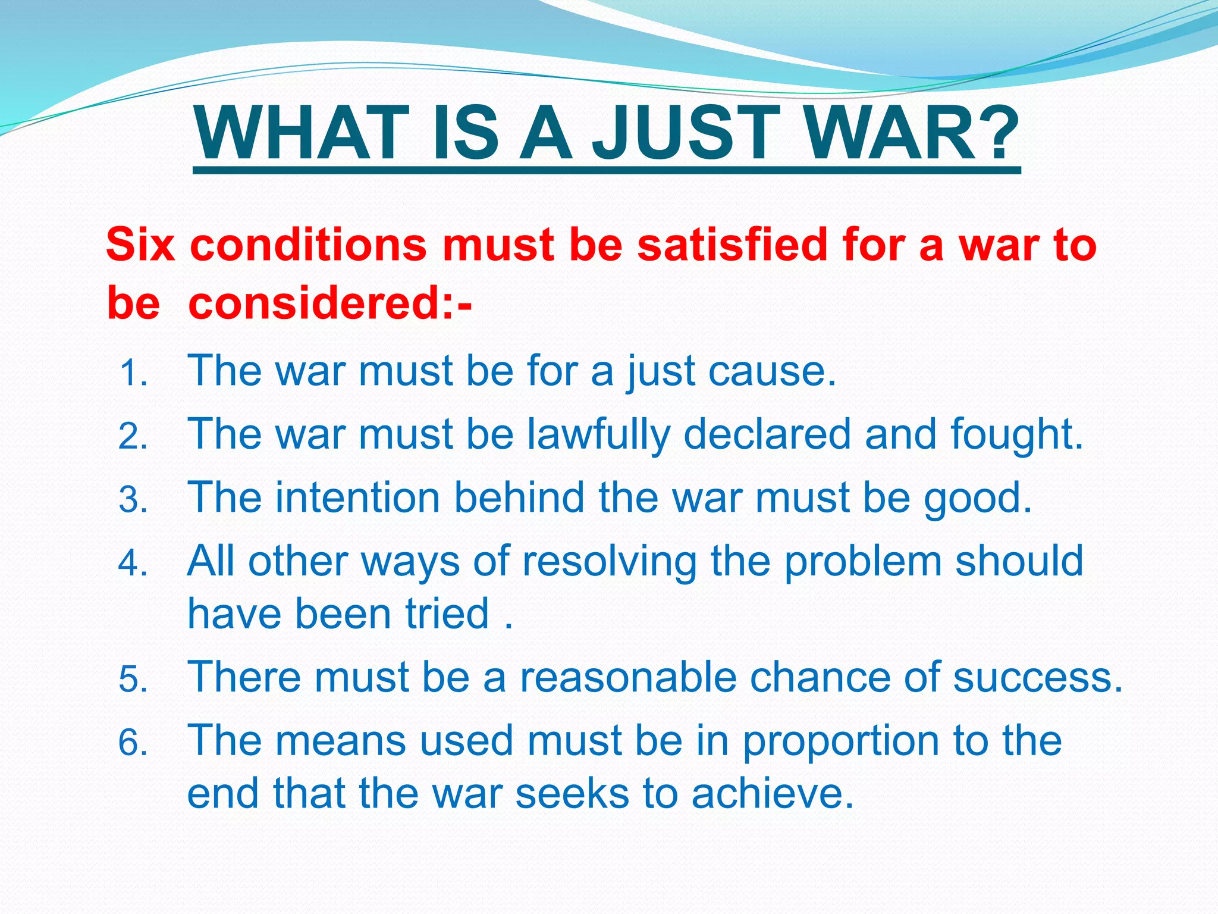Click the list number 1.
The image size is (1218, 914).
pyautogui.click(x=133, y=374)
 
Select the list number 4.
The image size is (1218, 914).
pyautogui.click(x=133, y=563)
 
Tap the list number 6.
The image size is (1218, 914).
pyautogui.click(x=133, y=743)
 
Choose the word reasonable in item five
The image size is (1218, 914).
pyautogui.click(x=628, y=678)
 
